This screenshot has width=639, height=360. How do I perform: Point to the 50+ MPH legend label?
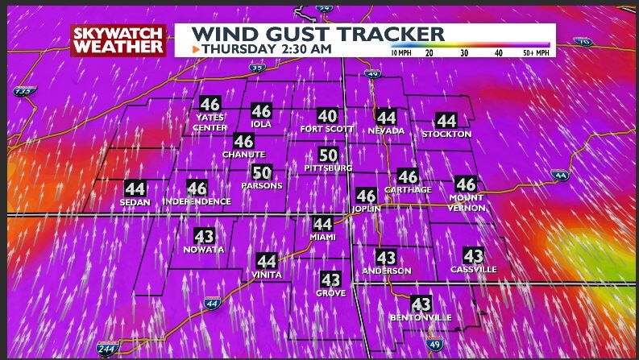(537, 52)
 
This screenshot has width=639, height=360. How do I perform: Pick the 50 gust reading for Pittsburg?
(328, 155)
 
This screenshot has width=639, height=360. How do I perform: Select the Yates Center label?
(210, 122)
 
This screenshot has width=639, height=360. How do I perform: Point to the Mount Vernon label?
(467, 203)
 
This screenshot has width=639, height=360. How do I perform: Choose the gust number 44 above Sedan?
(135, 189)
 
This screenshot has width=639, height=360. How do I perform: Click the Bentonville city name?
(421, 318)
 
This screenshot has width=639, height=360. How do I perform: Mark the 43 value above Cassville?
(473, 256)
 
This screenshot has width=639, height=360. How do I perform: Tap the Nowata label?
(204, 250)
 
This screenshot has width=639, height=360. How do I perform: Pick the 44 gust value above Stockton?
(446, 121)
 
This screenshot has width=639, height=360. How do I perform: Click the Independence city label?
(197, 201)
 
